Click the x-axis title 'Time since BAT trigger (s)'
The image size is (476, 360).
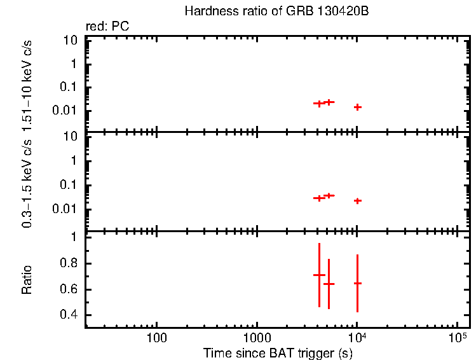[x=278, y=352]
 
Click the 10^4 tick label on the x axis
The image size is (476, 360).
[x=357, y=336]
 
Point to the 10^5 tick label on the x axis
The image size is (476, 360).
[x=456, y=336]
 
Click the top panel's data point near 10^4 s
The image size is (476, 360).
[x=358, y=107]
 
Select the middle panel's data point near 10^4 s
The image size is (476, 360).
[x=358, y=200]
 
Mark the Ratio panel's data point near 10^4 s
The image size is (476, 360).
[x=358, y=283]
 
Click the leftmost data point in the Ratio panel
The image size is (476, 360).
[x=319, y=275]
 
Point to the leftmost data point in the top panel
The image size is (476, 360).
[x=319, y=103]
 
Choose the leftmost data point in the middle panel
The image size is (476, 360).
[x=319, y=198]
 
